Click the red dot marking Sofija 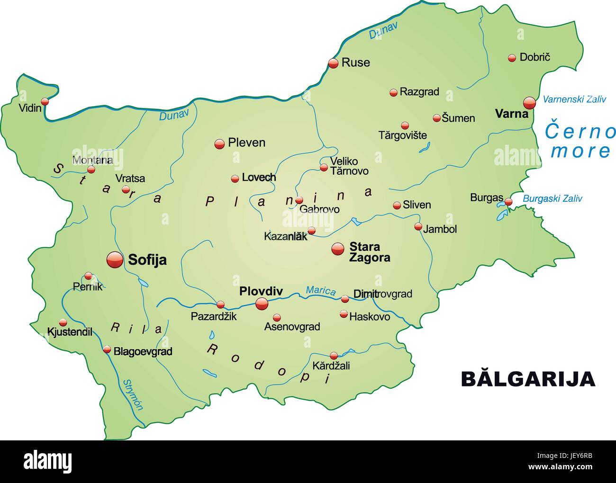pos(114,259)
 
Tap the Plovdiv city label pos(261,291)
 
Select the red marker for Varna pos(529,102)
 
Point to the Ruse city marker pos(334,63)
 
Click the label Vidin pos(30,108)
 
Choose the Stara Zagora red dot pos(338,249)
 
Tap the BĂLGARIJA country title pos(528,379)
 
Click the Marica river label pos(321,290)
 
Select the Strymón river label pos(133,394)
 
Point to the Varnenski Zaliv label pos(574,99)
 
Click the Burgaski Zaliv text pos(552,199)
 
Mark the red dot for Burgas pos(508,202)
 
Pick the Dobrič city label pos(535,57)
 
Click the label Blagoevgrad pos(143,351)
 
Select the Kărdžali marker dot pos(334,356)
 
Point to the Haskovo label pos(370,317)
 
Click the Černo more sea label pos(580,141)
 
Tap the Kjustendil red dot pos(63,322)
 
